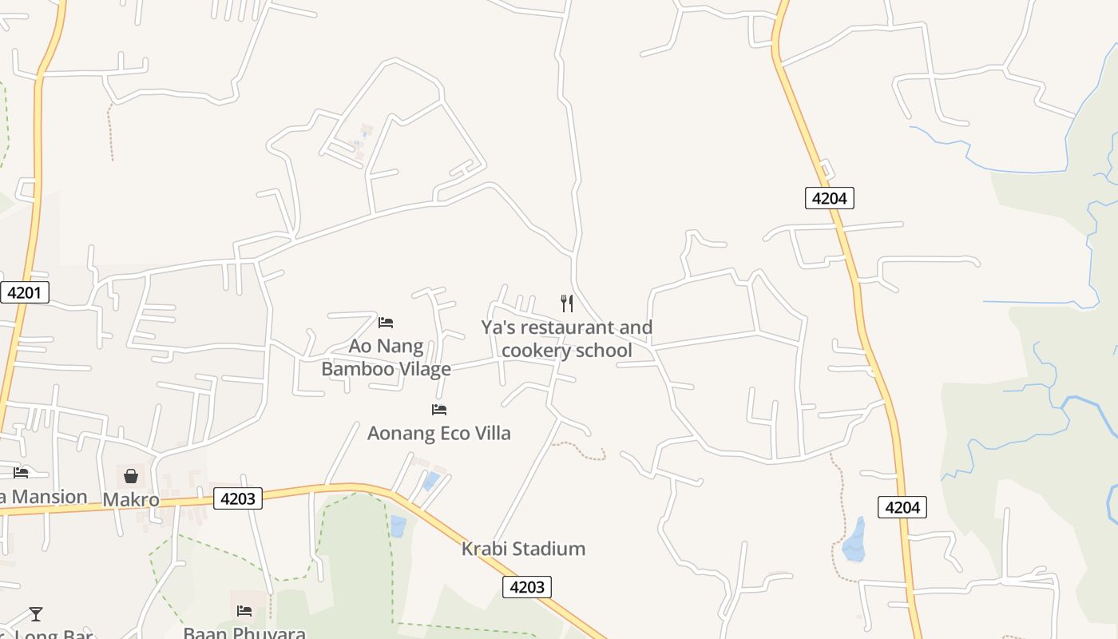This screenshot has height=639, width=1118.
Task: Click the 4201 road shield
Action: click(x=24, y=292)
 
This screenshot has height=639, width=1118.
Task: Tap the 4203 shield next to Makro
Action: click(x=238, y=499)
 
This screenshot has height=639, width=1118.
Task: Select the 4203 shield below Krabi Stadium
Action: click(x=527, y=587)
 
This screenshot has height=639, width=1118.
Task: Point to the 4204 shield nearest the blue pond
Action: click(x=902, y=507)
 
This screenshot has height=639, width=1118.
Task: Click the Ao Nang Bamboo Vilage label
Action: click(x=386, y=358)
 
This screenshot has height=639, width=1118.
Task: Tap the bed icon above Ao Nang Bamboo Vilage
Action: click(x=386, y=323)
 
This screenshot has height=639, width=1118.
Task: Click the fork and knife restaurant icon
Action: click(x=567, y=304)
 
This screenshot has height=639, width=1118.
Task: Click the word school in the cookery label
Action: click(x=607, y=351)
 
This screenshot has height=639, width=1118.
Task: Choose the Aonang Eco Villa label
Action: click(x=438, y=433)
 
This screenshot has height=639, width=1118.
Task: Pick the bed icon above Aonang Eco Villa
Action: click(x=438, y=410)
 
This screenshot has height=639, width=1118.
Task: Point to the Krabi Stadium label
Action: click(x=523, y=549)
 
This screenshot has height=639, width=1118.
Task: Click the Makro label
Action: click(x=131, y=500)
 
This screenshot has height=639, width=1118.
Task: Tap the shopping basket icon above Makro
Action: click(x=131, y=477)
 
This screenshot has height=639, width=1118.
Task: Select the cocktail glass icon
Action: click(x=36, y=614)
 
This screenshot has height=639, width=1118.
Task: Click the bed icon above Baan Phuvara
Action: click(x=244, y=611)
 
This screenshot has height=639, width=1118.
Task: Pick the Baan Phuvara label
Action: click(x=244, y=633)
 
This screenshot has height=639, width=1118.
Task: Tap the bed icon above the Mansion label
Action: click(x=21, y=473)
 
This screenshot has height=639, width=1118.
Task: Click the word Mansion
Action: click(x=50, y=497)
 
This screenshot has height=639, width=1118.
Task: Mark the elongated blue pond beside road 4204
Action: click(x=854, y=540)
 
